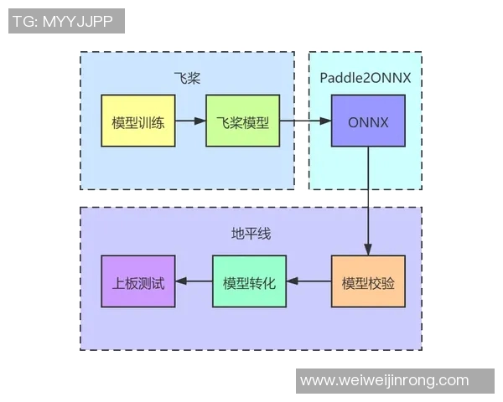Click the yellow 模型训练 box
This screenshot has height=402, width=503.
[x=137, y=121]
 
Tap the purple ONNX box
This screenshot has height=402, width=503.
[x=368, y=121]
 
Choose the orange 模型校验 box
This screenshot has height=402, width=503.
[x=368, y=281]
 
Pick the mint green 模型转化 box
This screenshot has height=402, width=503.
[x=249, y=281]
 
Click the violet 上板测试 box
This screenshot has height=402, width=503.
[x=137, y=281]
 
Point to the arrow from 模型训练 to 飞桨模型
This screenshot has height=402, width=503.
[x=190, y=121]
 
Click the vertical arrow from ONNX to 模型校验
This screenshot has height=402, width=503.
[x=368, y=201]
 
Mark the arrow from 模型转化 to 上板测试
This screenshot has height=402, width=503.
[x=193, y=281]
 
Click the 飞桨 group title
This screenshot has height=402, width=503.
[x=187, y=78]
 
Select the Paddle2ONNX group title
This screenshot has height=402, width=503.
[x=365, y=78]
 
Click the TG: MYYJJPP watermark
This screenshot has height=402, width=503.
[x=66, y=21]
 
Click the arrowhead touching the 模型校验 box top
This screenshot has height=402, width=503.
[x=368, y=249]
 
